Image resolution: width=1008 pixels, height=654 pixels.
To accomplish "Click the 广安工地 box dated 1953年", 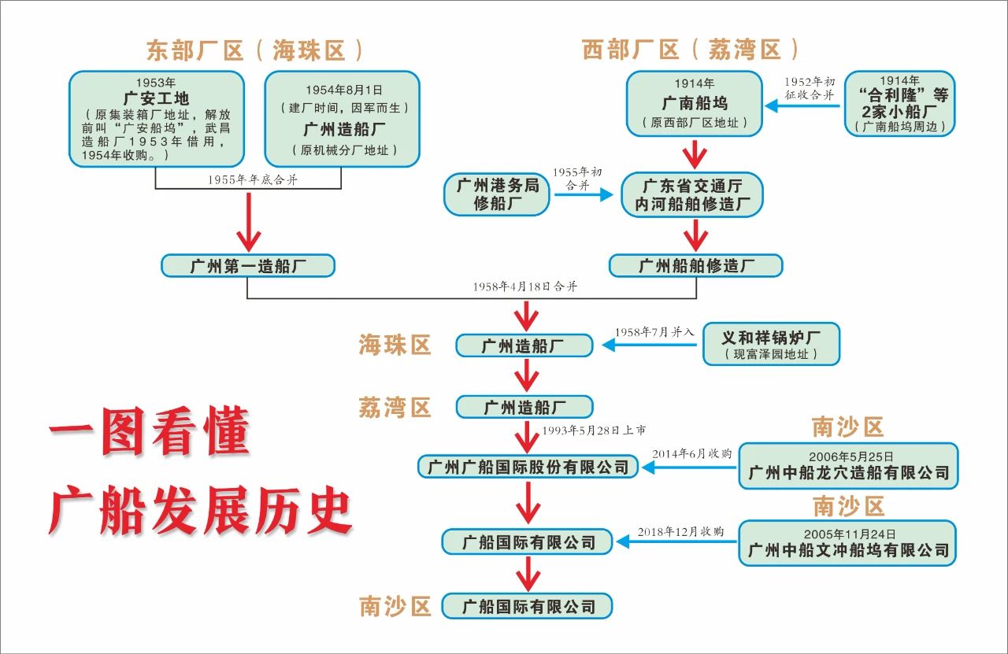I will pyautogui.click(x=154, y=120).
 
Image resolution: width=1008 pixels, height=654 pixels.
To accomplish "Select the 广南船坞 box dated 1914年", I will pyautogui.click(x=695, y=103).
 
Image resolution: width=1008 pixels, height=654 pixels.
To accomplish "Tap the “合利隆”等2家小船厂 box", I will pyautogui.click(x=899, y=103).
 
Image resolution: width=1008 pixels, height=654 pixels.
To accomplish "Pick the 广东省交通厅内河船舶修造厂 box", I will pyautogui.click(x=693, y=194).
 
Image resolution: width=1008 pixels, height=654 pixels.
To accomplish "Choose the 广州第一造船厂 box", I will pyautogui.click(x=248, y=265).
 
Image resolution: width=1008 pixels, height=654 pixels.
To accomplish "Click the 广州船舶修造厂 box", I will pyautogui.click(x=696, y=265).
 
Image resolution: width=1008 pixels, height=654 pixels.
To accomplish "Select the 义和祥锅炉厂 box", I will pyautogui.click(x=771, y=344).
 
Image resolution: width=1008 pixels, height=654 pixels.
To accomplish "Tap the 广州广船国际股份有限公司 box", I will pyautogui.click(x=528, y=467).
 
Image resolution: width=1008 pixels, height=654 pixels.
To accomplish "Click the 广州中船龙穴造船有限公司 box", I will pyautogui.click(x=848, y=466).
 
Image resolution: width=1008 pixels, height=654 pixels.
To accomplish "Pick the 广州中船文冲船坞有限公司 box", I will pyautogui.click(x=847, y=542).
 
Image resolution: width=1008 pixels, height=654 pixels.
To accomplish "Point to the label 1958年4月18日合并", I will pyautogui.click(x=525, y=287).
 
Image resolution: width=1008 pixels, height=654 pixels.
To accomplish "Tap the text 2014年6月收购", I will pyautogui.click(x=692, y=453).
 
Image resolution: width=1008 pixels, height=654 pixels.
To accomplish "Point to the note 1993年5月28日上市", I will pyautogui.click(x=594, y=430).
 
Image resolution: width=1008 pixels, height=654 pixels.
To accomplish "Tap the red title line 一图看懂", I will pyautogui.click(x=149, y=433).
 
